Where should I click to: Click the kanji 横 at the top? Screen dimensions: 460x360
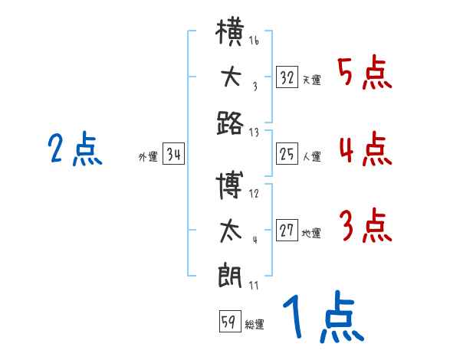point(230,31)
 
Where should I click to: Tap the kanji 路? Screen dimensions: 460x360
point(230,123)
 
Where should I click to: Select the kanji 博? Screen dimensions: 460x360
point(229,185)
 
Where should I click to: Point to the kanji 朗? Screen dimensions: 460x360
point(230,276)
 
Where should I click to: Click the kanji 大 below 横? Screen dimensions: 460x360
point(232,77)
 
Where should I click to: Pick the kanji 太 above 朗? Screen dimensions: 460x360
point(231,231)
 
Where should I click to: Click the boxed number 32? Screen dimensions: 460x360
point(287,77)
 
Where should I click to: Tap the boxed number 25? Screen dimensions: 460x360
point(287,154)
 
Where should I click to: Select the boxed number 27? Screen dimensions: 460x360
point(287,230)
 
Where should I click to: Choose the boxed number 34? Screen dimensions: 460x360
point(174,154)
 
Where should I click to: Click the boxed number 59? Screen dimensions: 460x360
point(230,321)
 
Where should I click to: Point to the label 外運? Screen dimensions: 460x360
point(148,157)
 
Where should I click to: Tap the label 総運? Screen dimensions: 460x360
point(255,324)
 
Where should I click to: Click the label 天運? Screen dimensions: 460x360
point(312,80)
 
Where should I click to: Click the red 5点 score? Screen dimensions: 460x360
point(365,72)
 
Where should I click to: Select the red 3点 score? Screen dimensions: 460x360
point(365,225)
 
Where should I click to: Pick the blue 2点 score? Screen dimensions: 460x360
point(75,148)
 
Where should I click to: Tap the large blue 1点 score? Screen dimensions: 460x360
point(324,316)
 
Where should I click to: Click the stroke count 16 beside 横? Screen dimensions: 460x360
point(254,40)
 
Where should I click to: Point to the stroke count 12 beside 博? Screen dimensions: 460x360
point(254,194)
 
